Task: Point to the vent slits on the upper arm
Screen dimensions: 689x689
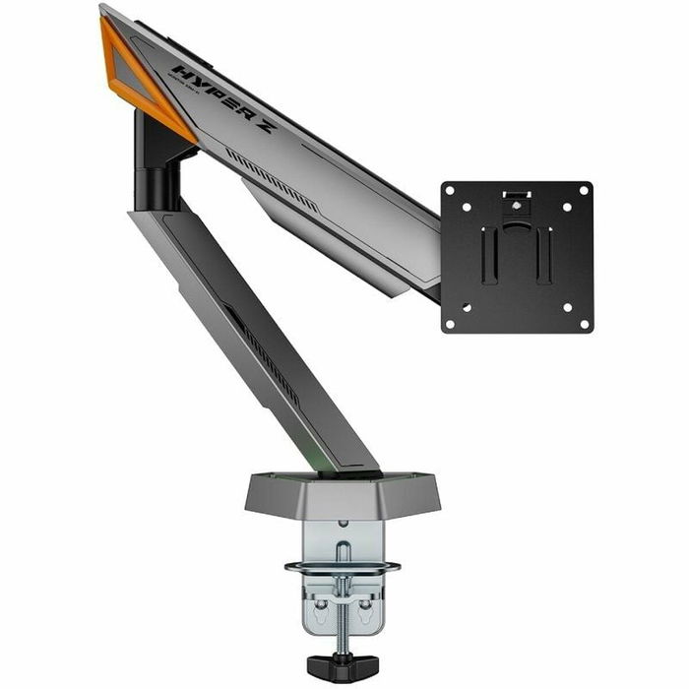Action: [x=271, y=177]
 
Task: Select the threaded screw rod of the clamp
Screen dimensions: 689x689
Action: [x=342, y=610]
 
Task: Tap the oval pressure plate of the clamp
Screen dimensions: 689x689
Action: [x=342, y=567]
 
